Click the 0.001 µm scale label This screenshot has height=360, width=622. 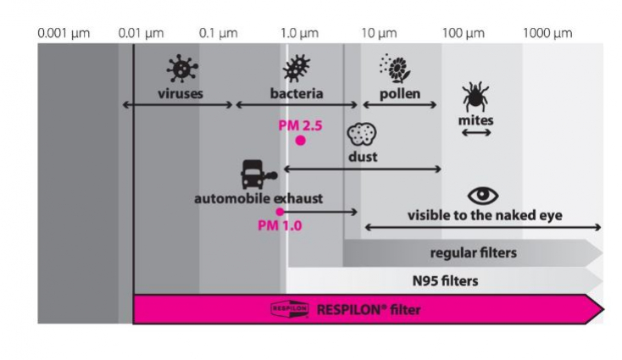coord(64,33)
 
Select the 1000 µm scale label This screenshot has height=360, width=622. coord(547,33)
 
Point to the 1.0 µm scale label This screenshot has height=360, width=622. coord(299,33)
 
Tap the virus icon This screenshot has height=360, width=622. coord(182,69)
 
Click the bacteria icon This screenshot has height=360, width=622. coord(297,69)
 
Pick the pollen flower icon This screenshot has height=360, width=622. coord(395,69)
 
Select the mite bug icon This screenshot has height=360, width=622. coord(475,97)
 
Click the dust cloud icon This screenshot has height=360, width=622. coord(362,134)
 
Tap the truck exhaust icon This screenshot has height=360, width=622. coord(258,174)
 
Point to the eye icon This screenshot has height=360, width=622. coord(483,196)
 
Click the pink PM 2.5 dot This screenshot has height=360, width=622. coord(300,141)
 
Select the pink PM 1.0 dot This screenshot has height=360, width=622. coord(280,212)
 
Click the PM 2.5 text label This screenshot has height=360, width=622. coord(300,125)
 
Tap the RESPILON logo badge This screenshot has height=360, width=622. coord(290,309)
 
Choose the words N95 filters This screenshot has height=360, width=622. coord(445,280)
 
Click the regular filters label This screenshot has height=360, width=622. coord(473,252)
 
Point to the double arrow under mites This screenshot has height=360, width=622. coord(476,133)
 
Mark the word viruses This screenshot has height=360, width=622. coord(180,93)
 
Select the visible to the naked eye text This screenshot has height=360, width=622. coord(485,215)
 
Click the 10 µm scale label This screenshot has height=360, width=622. coord(379,33)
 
